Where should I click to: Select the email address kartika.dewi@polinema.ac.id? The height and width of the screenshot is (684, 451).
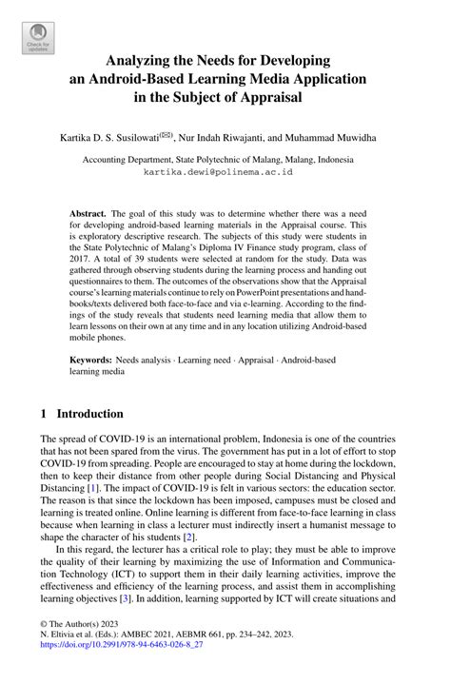(x=225, y=173)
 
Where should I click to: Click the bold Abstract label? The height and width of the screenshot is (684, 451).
(x=90, y=215)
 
